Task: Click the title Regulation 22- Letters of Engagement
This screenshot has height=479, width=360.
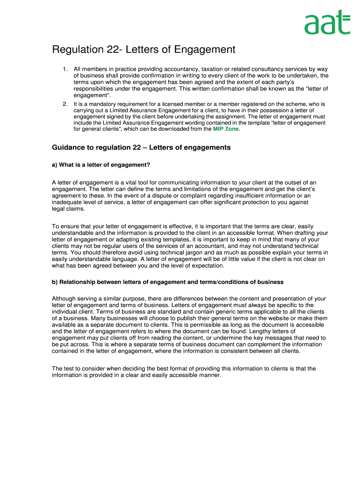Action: [144, 50]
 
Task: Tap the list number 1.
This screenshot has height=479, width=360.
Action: [65, 69]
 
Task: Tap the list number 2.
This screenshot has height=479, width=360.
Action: [65, 104]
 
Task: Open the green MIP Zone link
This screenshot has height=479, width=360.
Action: [226, 129]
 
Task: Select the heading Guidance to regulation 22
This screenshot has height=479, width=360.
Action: [141, 148]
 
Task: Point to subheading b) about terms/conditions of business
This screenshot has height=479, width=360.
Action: [167, 282]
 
